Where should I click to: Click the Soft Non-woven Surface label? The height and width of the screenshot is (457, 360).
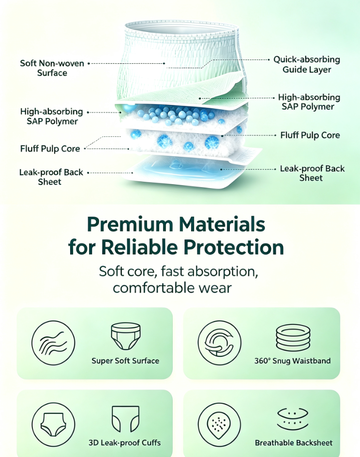pyautogui.click(x=52, y=68)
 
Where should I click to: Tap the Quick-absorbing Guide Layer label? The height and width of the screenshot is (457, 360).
pyautogui.click(x=307, y=64)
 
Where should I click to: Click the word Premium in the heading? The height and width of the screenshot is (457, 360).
pyautogui.click(x=130, y=224)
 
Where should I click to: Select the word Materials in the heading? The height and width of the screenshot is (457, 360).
pyautogui.click(x=222, y=224)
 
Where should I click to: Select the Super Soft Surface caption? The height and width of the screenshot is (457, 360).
pyautogui.click(x=125, y=361)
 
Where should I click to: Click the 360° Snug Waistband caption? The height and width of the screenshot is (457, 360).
pyautogui.click(x=292, y=361)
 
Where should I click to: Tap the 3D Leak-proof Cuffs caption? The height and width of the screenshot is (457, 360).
pyautogui.click(x=124, y=442)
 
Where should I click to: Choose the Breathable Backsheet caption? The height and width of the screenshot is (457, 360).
pyautogui.click(x=294, y=442)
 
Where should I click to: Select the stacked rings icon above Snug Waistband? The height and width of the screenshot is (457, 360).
pyautogui.click(x=293, y=338)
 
